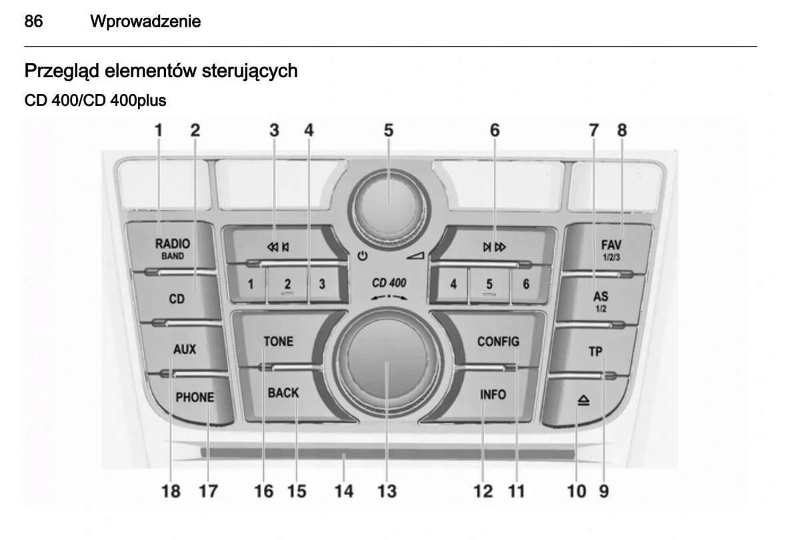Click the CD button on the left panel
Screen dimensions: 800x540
point(176,299)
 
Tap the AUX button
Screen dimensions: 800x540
point(184,349)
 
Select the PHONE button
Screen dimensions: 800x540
point(195,398)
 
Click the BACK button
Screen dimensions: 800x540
point(283,393)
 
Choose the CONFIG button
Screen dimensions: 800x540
point(498,342)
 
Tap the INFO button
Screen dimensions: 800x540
point(493,394)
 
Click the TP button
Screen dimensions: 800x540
point(595,352)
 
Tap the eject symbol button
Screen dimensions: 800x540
point(583,400)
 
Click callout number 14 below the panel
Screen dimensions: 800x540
point(344,491)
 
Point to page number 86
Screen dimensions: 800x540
point(34,22)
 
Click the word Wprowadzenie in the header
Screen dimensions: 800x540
point(145,22)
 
